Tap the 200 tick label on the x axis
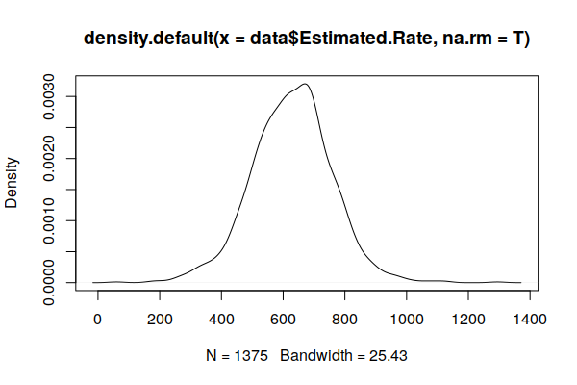[160, 319]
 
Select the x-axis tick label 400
[221, 319]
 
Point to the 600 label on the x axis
[284, 319]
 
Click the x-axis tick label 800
[345, 319]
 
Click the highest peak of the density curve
[304, 84]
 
